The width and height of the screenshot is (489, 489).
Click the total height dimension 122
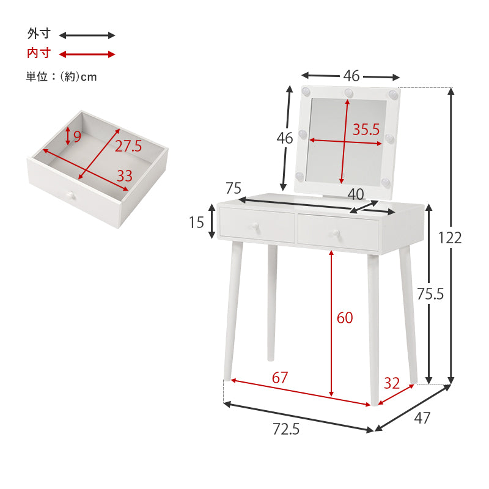449,237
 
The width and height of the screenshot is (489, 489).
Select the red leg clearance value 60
345,318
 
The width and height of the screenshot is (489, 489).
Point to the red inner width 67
279,377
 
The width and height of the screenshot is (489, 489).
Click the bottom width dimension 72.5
286,430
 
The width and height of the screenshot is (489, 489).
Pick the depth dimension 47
422,418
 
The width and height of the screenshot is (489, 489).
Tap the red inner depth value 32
391,383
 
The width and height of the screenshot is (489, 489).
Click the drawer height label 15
196,222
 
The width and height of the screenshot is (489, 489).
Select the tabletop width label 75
233,188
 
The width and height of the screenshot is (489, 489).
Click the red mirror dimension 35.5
366,130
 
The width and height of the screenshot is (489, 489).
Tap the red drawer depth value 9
77,136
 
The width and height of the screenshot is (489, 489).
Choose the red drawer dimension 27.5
128,145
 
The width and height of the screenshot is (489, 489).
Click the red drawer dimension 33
124,176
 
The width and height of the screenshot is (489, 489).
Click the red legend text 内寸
38,54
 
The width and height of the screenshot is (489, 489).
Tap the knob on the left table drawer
252,226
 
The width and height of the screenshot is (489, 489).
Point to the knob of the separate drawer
70,196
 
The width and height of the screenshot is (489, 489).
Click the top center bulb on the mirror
348,93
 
